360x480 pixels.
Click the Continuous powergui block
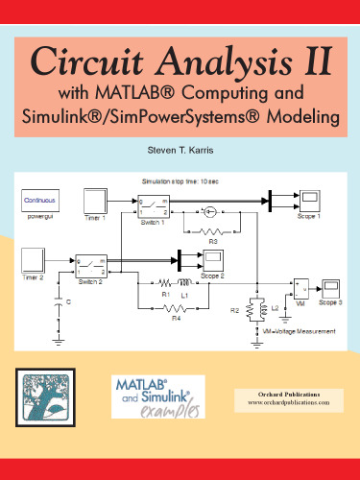coord(40,201)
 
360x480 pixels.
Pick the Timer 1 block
coord(96,203)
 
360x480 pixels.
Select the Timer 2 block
coord(34,260)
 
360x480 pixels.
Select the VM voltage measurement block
coord(300,288)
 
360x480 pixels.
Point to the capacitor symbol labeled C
coord(58,301)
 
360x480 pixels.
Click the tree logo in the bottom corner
coord(41,394)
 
